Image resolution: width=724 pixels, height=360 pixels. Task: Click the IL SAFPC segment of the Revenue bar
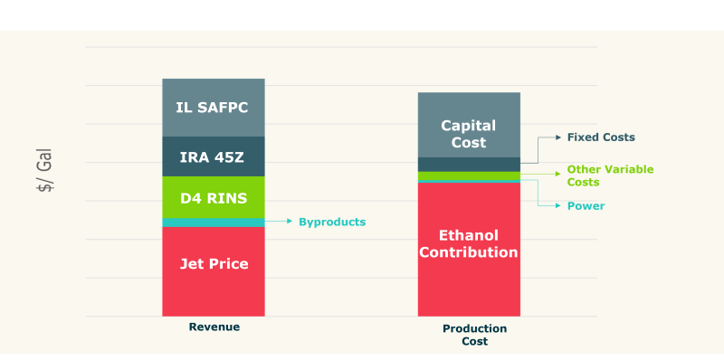pyautogui.click(x=214, y=108)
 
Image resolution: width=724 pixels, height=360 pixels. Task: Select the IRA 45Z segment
pyautogui.click(x=214, y=156)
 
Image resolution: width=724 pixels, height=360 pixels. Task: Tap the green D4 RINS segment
pyautogui.click(x=214, y=197)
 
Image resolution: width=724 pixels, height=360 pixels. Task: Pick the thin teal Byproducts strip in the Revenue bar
pyautogui.click(x=214, y=223)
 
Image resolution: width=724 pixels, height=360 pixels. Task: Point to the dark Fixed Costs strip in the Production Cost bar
pyautogui.click(x=469, y=165)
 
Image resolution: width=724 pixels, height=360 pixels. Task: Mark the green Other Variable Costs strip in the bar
pyautogui.click(x=469, y=175)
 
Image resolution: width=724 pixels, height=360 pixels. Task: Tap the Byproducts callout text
pyautogui.click(x=332, y=223)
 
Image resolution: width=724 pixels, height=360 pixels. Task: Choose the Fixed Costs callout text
pyautogui.click(x=601, y=137)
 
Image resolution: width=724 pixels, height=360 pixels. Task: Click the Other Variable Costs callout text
pyautogui.click(x=610, y=175)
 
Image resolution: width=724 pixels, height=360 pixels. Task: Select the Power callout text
pyautogui.click(x=586, y=206)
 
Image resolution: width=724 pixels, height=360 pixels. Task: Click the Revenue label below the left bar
pyautogui.click(x=214, y=327)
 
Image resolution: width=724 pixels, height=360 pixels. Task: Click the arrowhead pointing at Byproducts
pyautogui.click(x=290, y=222)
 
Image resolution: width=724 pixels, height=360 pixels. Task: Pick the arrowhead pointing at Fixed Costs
pyautogui.click(x=557, y=137)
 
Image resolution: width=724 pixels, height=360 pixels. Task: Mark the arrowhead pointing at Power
pyautogui.click(x=557, y=206)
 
